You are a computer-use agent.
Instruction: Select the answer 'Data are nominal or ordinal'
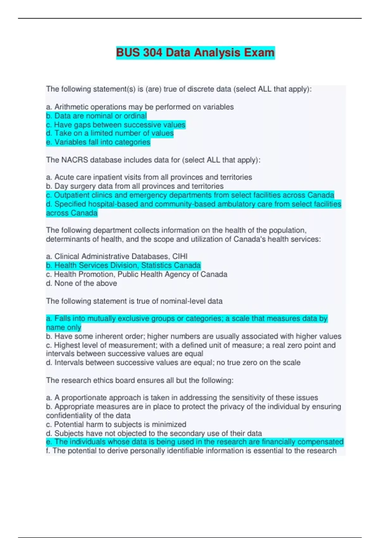(96, 116)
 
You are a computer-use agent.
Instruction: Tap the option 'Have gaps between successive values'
(116, 125)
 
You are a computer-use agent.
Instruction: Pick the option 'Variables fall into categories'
(98, 142)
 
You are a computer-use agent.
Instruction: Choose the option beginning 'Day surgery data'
(135, 186)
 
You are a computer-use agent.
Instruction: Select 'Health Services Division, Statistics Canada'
(123, 265)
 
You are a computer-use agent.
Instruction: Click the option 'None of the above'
(81, 283)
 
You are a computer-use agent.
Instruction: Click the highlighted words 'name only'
(64, 327)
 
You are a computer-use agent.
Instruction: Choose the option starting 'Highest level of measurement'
(190, 345)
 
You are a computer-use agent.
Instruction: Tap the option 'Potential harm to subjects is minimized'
(116, 424)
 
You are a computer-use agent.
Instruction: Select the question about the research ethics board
(140, 380)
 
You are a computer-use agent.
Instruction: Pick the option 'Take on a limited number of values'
(110, 133)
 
